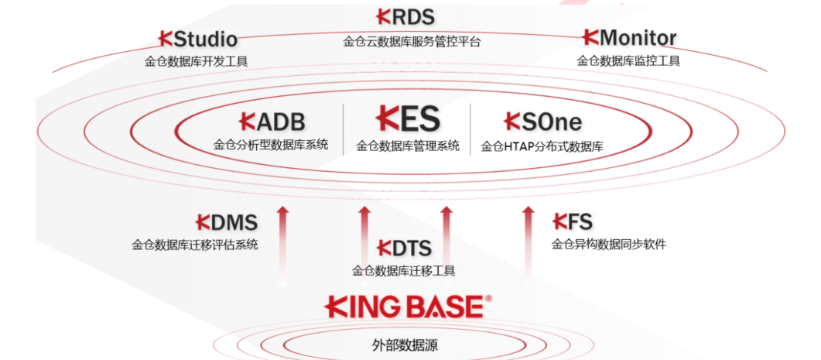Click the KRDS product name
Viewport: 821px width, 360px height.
pyautogui.click(x=405, y=17)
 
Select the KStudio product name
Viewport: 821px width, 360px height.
pyautogui.click(x=198, y=39)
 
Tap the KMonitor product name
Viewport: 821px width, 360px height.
pyautogui.click(x=629, y=38)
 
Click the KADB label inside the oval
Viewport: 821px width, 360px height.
pyautogui.click(x=272, y=122)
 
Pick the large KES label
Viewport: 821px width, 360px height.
pyautogui.click(x=408, y=118)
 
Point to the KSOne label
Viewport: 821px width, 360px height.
pyautogui.click(x=542, y=122)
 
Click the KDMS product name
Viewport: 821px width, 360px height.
pyautogui.click(x=227, y=223)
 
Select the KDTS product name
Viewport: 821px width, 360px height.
pyautogui.click(x=404, y=248)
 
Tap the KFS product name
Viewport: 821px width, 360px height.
pyautogui.click(x=573, y=222)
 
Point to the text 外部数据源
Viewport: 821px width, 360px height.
pyautogui.click(x=405, y=346)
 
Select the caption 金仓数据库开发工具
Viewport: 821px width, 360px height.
pyautogui.click(x=197, y=62)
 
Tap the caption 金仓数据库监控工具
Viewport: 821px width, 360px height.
pyautogui.click(x=628, y=61)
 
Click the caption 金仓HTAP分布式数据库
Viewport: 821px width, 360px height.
pyautogui.click(x=542, y=147)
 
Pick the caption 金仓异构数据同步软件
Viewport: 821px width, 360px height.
pyautogui.click(x=609, y=245)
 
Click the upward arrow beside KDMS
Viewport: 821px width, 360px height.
pyautogui.click(x=282, y=246)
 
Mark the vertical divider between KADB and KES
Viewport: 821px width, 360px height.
pyautogui.click(x=344, y=129)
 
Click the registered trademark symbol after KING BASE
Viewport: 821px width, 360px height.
pyautogui.click(x=488, y=299)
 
